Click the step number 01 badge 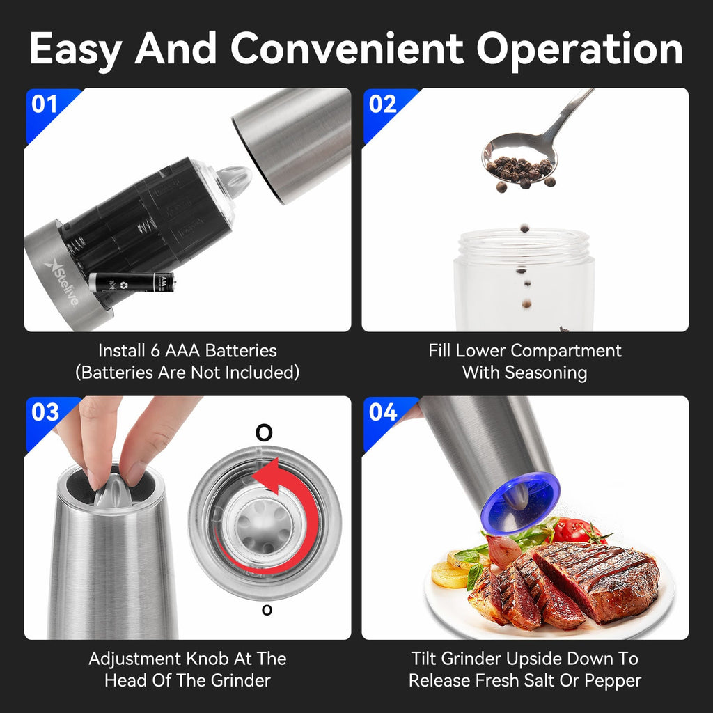(x=45, y=104)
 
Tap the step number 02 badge (x=382, y=104)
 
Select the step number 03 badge (x=45, y=412)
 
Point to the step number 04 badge (x=382, y=412)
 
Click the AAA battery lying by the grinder (x=132, y=283)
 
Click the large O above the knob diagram (x=264, y=433)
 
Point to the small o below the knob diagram (x=266, y=610)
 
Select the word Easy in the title (x=75, y=49)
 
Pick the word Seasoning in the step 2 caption (x=545, y=373)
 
